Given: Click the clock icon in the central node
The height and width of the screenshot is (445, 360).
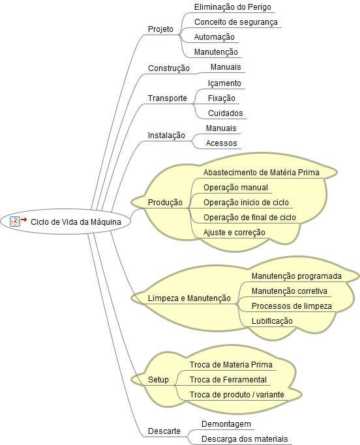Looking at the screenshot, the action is click(x=15, y=222).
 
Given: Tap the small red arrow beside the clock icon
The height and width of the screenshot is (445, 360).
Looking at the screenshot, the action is click(x=24, y=220).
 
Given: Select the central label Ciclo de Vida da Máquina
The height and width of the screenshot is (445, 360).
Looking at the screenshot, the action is click(x=76, y=222).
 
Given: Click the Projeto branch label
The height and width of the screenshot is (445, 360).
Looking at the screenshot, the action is click(x=160, y=29).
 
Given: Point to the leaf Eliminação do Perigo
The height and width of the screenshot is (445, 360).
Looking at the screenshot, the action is click(x=233, y=7).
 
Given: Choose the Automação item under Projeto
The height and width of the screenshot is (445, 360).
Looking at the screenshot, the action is click(x=214, y=37).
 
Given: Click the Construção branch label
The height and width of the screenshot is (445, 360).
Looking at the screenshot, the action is click(x=169, y=68).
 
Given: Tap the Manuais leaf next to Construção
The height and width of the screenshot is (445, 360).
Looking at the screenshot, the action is click(x=226, y=67).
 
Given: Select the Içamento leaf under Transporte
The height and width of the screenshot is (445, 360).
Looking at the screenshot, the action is click(x=224, y=83).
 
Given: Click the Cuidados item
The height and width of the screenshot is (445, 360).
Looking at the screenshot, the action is click(x=225, y=113).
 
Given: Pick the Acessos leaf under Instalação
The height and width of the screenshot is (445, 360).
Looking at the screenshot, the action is click(x=221, y=143).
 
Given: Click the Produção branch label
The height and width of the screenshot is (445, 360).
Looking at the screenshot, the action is click(x=165, y=203).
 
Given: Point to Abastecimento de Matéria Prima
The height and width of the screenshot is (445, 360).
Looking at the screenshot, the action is click(x=262, y=172).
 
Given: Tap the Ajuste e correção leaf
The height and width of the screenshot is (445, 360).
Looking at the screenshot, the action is click(x=234, y=233).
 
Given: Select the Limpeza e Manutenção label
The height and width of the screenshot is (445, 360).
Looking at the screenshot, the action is click(x=189, y=298).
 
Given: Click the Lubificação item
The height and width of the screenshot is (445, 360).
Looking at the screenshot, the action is click(x=272, y=321).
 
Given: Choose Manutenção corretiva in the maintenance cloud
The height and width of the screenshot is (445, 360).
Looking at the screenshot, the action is click(x=290, y=291).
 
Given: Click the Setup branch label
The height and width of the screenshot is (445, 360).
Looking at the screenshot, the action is click(x=158, y=380).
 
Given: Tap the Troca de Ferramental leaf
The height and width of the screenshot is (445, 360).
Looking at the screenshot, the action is click(x=228, y=380).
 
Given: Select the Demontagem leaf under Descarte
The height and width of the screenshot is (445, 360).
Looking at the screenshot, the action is click(x=226, y=424).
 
